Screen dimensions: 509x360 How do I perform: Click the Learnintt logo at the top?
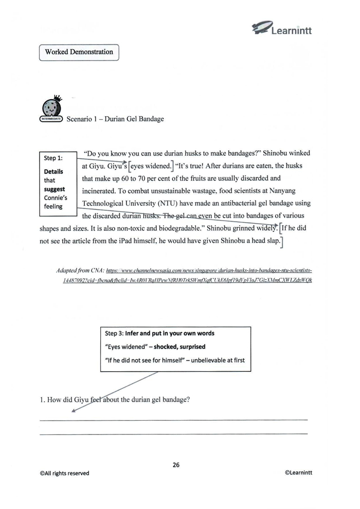282,26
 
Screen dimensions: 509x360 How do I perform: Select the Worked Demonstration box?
79,52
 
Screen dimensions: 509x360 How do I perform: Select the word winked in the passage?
298,154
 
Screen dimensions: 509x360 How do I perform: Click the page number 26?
176,465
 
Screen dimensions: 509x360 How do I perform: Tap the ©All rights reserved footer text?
65,472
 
